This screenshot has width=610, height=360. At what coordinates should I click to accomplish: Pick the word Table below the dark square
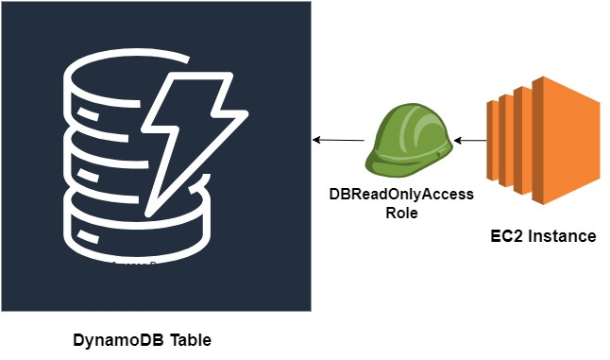click(190, 339)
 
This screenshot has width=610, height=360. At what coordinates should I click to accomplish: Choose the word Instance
click(562, 236)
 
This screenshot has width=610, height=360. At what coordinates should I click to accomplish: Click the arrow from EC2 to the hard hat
click(469, 141)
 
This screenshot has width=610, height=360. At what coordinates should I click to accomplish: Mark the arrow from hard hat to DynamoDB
click(339, 140)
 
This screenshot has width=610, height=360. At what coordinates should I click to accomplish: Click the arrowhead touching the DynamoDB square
click(316, 140)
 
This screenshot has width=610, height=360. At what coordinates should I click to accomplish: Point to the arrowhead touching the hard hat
click(457, 141)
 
